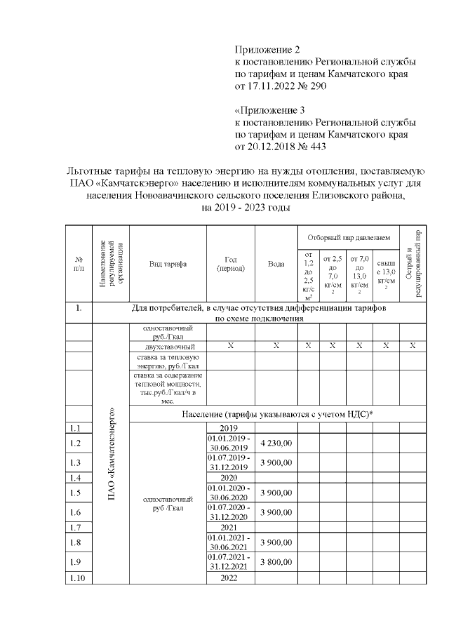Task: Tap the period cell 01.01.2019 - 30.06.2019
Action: click(230, 443)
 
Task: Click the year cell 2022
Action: click(230, 578)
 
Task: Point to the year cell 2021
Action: click(230, 527)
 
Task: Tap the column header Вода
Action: click(276, 264)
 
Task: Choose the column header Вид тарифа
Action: click(167, 264)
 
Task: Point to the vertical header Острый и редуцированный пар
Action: click(413, 263)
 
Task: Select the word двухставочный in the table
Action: click(167, 347)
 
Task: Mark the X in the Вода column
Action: click(276, 346)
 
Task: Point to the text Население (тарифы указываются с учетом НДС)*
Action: click(276, 413)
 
